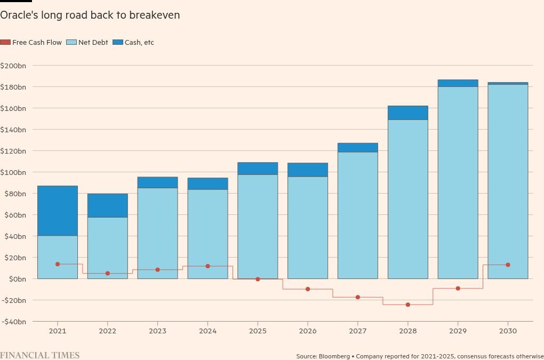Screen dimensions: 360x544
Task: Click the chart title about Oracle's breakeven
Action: (x=90, y=15)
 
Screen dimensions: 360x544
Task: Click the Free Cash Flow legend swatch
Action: (x=5, y=43)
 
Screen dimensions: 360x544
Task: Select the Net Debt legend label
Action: (x=93, y=43)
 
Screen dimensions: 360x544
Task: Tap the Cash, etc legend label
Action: (x=139, y=43)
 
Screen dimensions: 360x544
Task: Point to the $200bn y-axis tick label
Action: (x=13, y=66)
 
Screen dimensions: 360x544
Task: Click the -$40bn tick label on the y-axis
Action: (x=13, y=322)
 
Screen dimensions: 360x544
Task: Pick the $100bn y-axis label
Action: (x=13, y=172)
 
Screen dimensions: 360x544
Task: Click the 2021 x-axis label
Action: (x=58, y=331)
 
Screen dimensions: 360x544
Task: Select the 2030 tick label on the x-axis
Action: (x=508, y=331)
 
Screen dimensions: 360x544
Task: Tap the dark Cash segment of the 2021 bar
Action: (x=58, y=211)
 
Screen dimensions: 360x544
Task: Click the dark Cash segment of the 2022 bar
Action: (x=108, y=205)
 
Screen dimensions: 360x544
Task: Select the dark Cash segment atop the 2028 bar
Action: (x=408, y=113)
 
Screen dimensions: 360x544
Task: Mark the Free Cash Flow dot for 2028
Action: (x=408, y=305)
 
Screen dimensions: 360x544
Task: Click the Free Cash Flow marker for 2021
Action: (x=58, y=264)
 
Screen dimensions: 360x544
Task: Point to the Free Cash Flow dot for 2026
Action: (x=308, y=289)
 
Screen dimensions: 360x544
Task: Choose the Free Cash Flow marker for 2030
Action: (x=508, y=265)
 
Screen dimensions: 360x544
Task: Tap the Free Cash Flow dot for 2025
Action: (x=258, y=279)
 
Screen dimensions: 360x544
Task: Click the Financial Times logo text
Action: (x=39, y=355)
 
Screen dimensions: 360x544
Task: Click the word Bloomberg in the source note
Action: (x=334, y=356)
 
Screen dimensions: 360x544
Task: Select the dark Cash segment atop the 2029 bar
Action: (x=458, y=83)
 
